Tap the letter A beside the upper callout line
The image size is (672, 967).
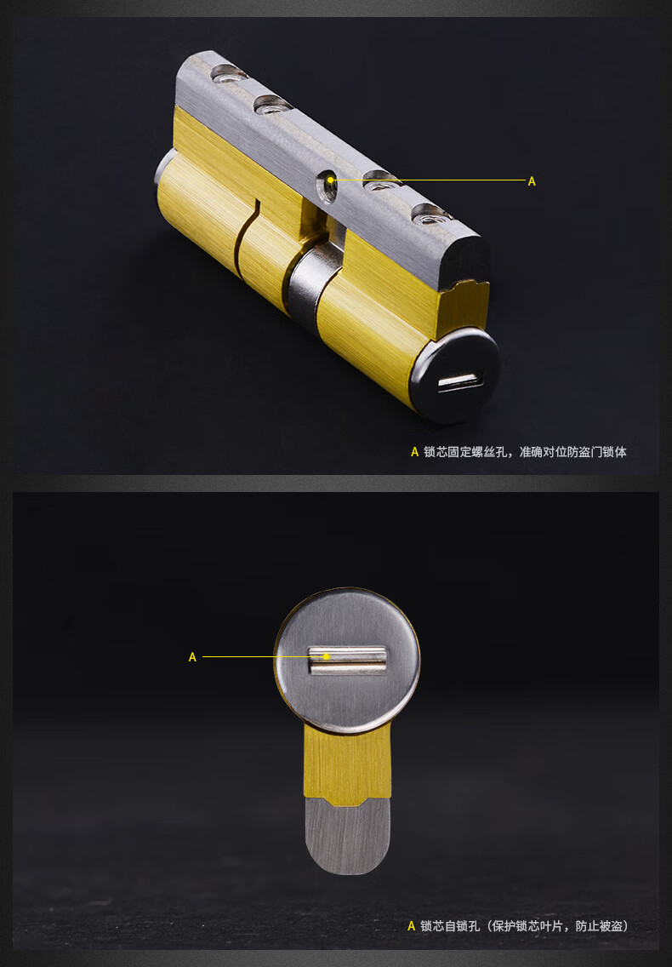(532, 181)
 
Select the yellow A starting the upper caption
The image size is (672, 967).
(415, 452)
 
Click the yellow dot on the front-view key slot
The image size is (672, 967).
(326, 656)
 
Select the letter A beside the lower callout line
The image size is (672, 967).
(192, 657)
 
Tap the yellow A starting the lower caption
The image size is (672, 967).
(412, 926)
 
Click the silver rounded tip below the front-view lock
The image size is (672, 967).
(347, 838)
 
